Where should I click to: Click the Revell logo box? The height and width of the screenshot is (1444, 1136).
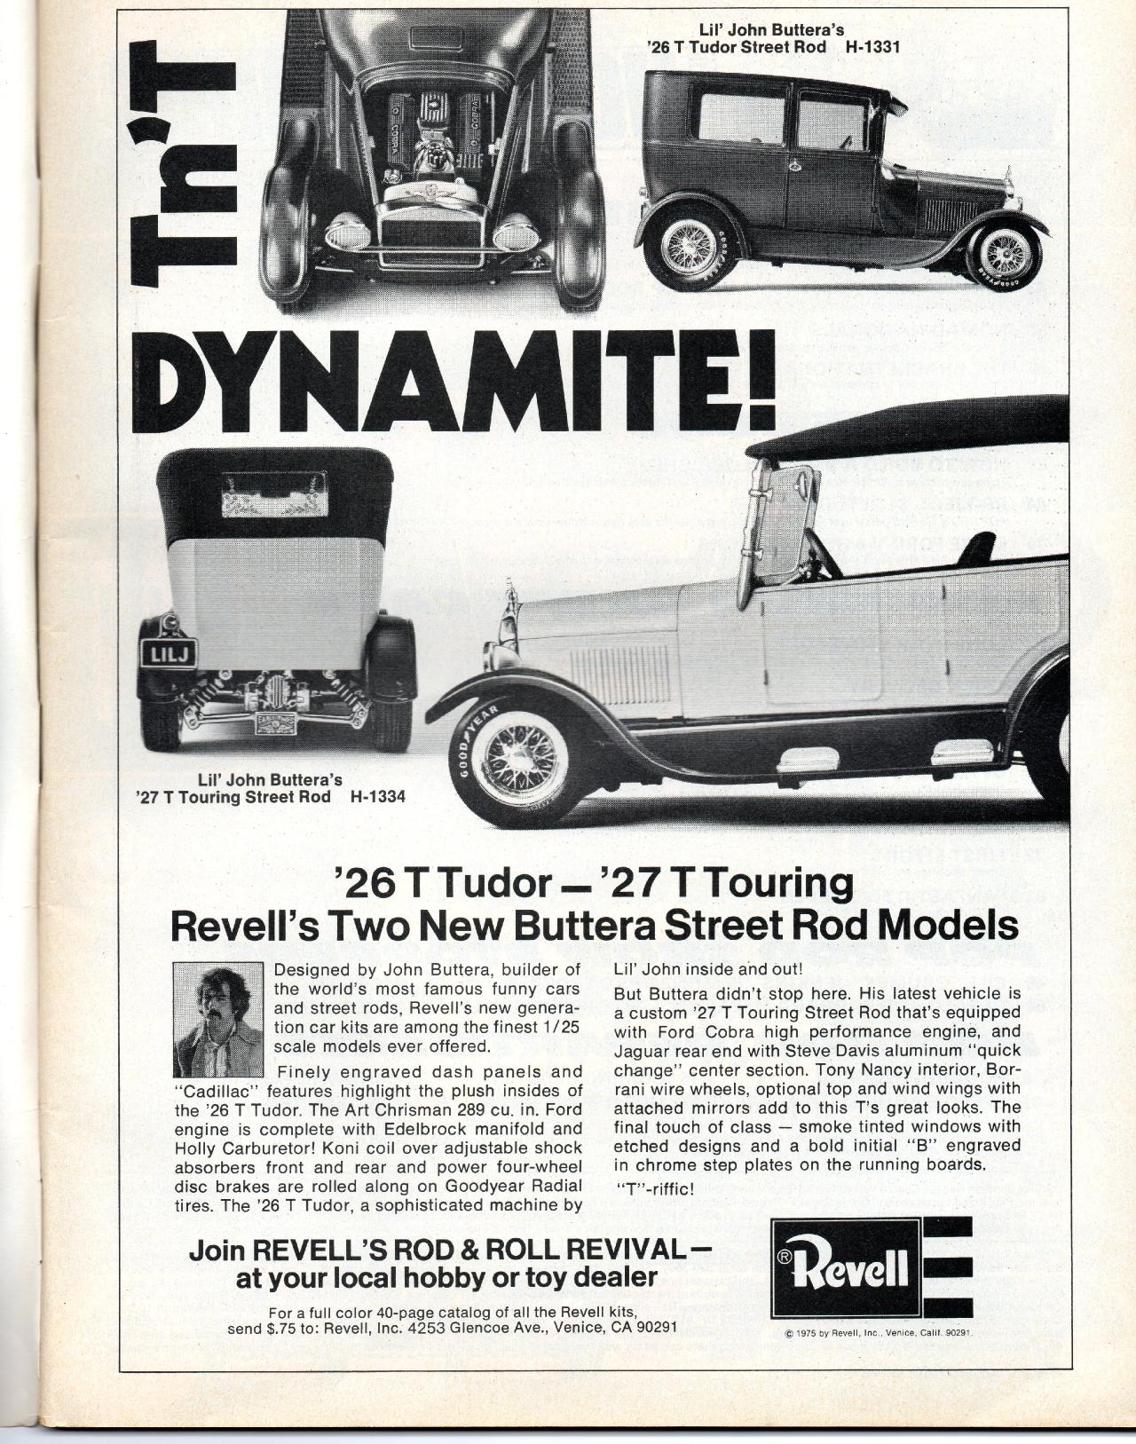point(841,1270)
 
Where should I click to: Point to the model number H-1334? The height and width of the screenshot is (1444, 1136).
point(377,796)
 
